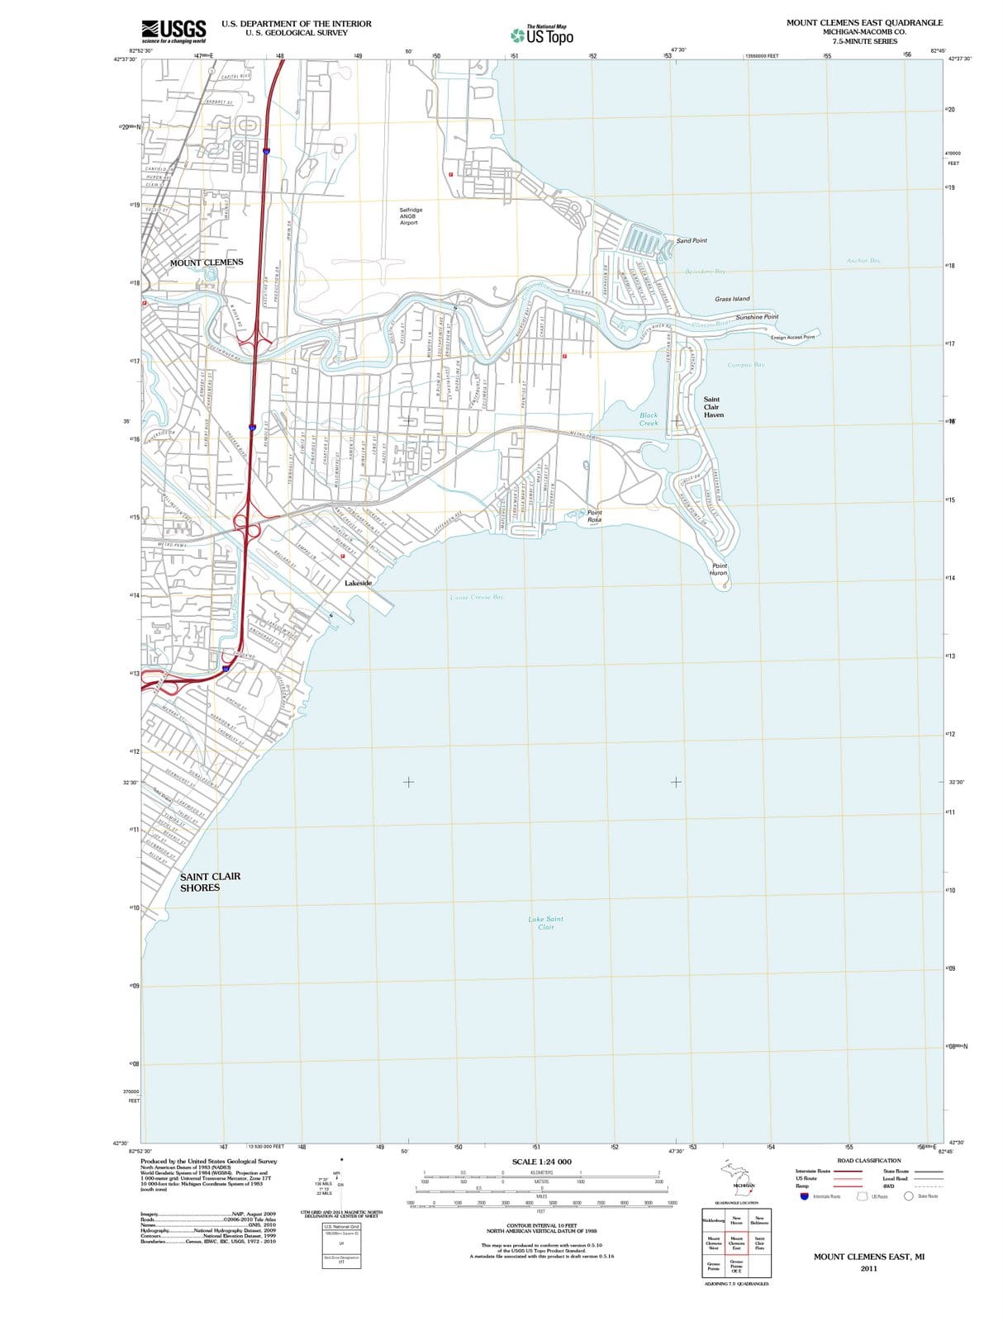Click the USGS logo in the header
(174, 31)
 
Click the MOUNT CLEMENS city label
(207, 263)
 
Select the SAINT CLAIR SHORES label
(211, 882)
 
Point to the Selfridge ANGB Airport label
(411, 216)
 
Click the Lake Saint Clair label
(545, 922)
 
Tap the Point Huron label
(719, 569)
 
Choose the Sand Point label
(692, 241)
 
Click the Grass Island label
(732, 299)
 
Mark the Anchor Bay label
(863, 261)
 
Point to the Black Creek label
(649, 419)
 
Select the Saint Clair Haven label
(713, 407)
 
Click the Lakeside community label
(358, 583)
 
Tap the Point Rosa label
(594, 516)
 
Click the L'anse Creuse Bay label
(477, 596)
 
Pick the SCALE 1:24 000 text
(541, 1162)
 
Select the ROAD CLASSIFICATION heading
(869, 1160)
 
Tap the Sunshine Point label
(757, 317)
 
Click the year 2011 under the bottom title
(868, 1268)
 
